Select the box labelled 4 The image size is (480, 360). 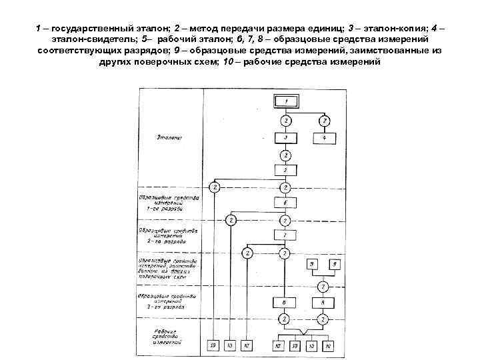325,139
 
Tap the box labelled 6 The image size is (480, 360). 285,203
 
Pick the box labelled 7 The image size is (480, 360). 285,236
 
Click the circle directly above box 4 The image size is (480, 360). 325,121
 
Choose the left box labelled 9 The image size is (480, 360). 312,265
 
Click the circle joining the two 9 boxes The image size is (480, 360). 323,287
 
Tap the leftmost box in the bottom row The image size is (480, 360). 213,345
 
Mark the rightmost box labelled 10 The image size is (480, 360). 329,345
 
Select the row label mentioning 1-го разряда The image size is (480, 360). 167,203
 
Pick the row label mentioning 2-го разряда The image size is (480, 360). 167,235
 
